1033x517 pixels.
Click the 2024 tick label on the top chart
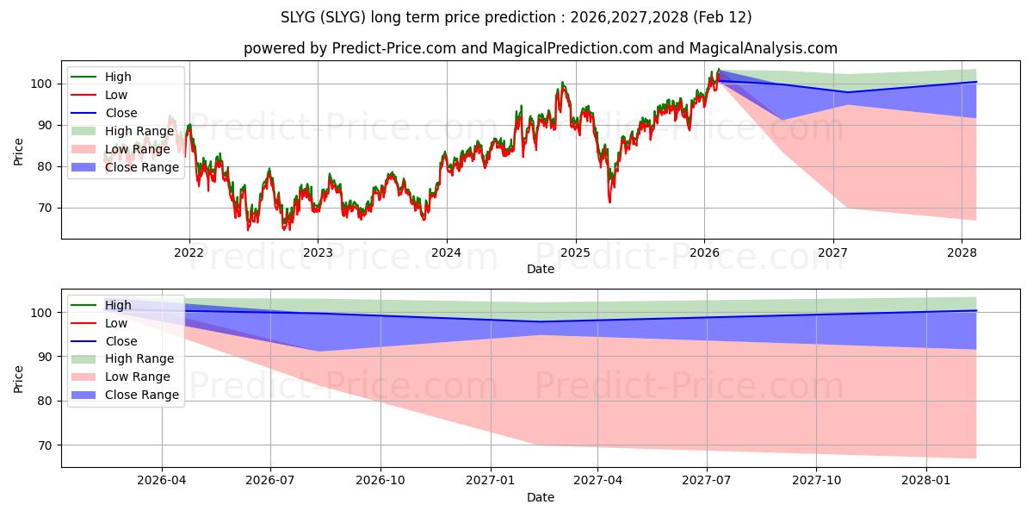click(446, 252)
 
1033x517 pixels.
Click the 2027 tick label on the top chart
click(832, 252)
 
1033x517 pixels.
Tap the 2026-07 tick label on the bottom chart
click(270, 481)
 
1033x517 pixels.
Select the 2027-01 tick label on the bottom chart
click(489, 481)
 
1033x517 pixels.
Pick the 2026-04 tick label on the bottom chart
click(162, 481)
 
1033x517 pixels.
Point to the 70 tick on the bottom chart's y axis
click(46, 445)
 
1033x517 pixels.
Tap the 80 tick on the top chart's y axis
click(46, 166)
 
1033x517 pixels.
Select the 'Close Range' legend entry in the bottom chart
click(141, 395)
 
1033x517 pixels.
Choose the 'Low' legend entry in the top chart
click(116, 95)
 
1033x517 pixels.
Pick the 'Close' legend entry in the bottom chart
click(121, 341)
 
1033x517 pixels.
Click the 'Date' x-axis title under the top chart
click(540, 269)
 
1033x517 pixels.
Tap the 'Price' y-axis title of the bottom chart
click(19, 378)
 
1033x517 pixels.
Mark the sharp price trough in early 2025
click(609, 202)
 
